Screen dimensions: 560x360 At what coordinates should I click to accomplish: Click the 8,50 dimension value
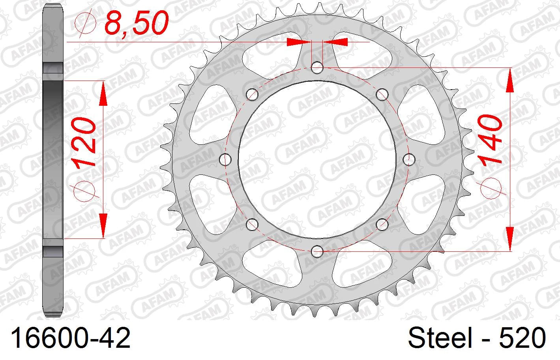136,23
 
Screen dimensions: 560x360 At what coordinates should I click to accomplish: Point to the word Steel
440,337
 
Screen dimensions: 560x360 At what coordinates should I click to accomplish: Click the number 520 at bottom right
523,337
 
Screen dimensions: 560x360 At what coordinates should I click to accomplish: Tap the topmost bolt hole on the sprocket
317,67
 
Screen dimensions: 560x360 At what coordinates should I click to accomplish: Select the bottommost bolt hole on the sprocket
317,251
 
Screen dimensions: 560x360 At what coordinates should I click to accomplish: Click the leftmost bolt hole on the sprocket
225,159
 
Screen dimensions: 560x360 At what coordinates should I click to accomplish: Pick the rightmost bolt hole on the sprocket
409,159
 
